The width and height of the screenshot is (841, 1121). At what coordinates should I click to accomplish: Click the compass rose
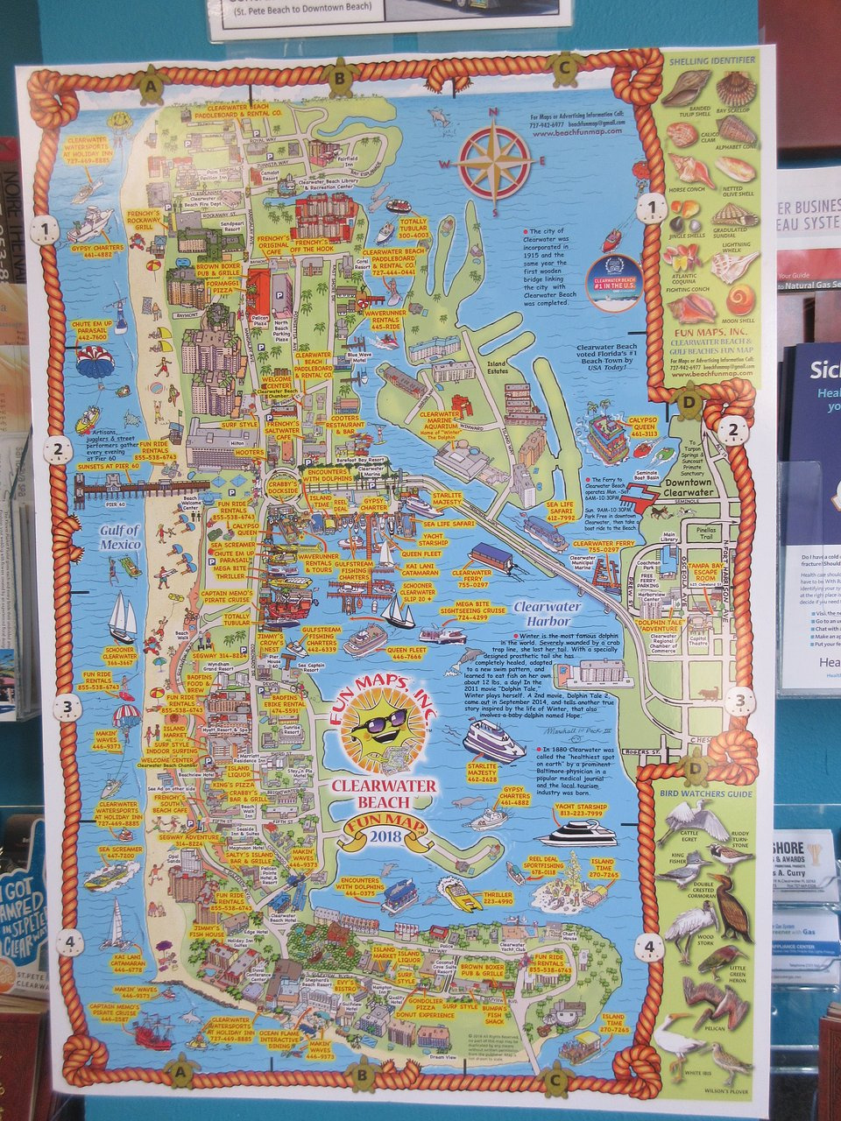point(496,161)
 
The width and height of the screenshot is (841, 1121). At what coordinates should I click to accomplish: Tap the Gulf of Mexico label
point(119,537)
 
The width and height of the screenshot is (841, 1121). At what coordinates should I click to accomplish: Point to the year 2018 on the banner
point(383,835)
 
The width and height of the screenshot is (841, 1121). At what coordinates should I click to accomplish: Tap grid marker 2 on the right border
point(732,430)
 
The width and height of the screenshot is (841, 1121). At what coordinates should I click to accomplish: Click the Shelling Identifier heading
point(711,60)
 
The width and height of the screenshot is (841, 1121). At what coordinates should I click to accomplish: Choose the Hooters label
point(249,453)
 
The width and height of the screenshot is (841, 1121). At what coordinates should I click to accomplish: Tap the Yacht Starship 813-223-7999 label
point(579,810)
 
